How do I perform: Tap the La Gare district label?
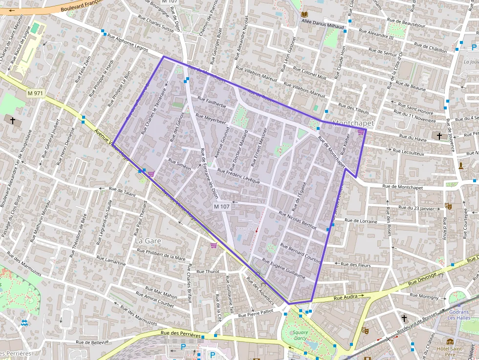(x=147, y=241)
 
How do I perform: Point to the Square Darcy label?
(x=301, y=336)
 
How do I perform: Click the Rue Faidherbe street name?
(x=212, y=102)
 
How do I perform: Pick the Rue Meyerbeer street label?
(x=211, y=119)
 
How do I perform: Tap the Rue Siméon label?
(x=179, y=164)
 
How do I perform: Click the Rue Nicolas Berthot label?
(x=298, y=220)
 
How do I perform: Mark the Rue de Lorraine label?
(x=361, y=221)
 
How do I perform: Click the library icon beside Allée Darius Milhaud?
(x=305, y=15)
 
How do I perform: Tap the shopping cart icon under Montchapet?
(x=361, y=132)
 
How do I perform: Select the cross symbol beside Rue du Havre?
(x=439, y=136)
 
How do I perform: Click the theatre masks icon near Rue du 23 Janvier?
(x=447, y=207)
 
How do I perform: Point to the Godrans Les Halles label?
(x=458, y=315)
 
